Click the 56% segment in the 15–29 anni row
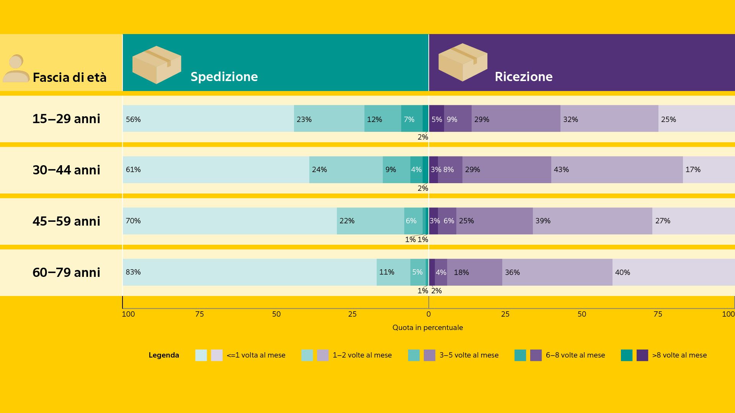pyautogui.click(x=208, y=119)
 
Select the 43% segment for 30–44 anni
pyautogui.click(x=617, y=170)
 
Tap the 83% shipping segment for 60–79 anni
pyautogui.click(x=250, y=272)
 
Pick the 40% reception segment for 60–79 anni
pyautogui.click(x=673, y=272)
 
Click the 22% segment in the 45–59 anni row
pyautogui.click(x=370, y=221)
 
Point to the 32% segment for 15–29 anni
pyautogui.click(x=609, y=119)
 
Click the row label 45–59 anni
pyautogui.click(x=66, y=221)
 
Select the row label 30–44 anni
pyautogui.click(x=66, y=170)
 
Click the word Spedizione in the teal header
pyautogui.click(x=224, y=76)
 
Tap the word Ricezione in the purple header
pyautogui.click(x=523, y=76)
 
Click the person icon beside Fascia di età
pyautogui.click(x=16, y=68)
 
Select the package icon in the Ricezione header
pyautogui.click(x=462, y=62)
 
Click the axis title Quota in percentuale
pyautogui.click(x=428, y=328)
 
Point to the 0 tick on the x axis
pyautogui.click(x=428, y=314)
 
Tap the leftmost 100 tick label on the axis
pyautogui.click(x=128, y=314)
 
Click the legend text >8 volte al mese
pyautogui.click(x=679, y=355)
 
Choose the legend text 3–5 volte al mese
pyautogui.click(x=469, y=355)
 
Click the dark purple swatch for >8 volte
pyautogui.click(x=642, y=355)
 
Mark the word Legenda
pyautogui.click(x=163, y=355)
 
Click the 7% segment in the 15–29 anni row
pyautogui.click(x=412, y=119)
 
